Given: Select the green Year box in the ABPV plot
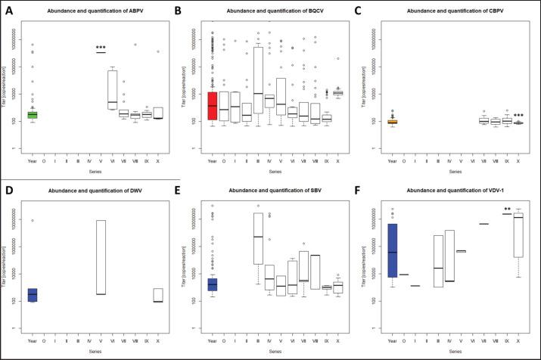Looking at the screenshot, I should tap(33, 114).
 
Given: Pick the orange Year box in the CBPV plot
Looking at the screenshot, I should tap(393, 121).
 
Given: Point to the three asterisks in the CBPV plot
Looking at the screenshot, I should tap(518, 116).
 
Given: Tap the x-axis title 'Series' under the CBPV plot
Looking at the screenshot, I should tap(455, 172).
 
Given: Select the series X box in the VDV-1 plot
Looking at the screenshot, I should tap(518, 238).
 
